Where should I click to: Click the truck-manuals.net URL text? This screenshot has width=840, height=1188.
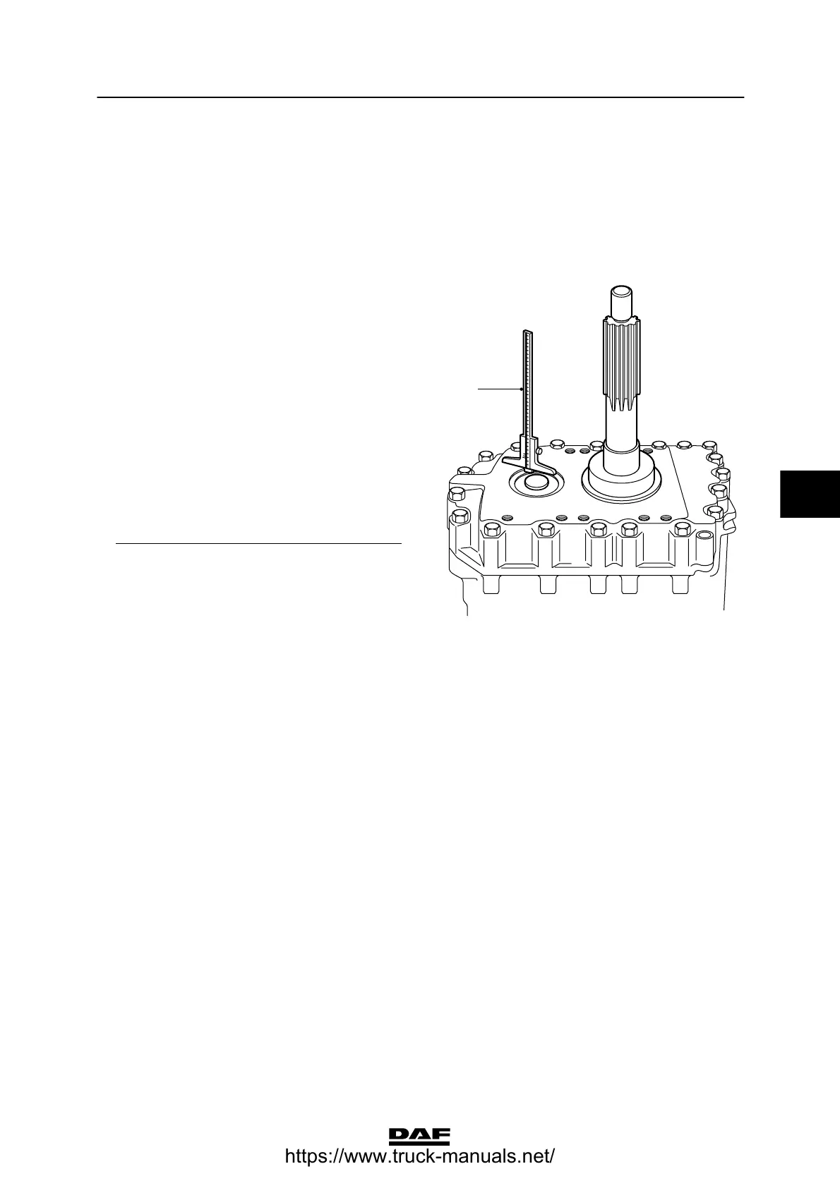[x=419, y=1158]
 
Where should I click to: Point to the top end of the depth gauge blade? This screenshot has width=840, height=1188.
[x=527, y=332]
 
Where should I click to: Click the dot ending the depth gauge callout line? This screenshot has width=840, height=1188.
[x=521, y=388]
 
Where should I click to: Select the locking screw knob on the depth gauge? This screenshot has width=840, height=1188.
[x=539, y=449]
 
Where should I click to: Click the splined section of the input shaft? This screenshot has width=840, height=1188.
[x=622, y=363]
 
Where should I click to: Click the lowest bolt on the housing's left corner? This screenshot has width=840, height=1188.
[x=455, y=519]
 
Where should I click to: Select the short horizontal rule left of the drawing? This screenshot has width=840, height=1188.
[x=258, y=545]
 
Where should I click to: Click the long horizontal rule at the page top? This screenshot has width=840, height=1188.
[x=420, y=97]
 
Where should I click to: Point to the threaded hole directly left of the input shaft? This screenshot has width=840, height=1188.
[x=584, y=450]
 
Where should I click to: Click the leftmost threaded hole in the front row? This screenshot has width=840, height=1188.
[x=507, y=519]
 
